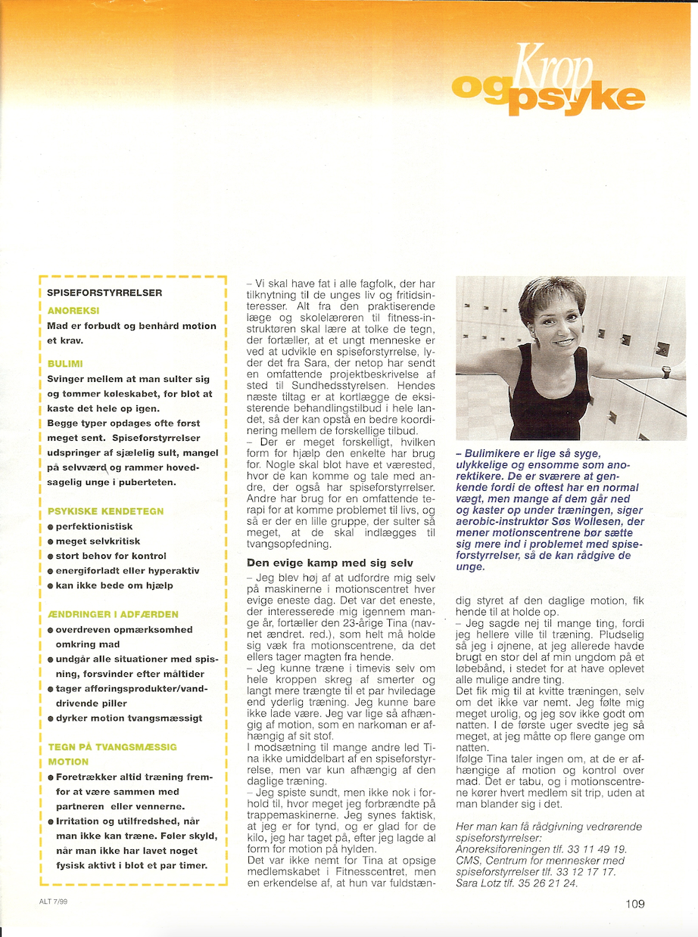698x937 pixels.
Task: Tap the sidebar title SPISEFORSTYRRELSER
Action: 104,292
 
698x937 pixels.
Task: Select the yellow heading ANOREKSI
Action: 73,311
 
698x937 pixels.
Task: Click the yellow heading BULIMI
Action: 65,364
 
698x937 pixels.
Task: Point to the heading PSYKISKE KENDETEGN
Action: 105,511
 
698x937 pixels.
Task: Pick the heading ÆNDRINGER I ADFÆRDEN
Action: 113,614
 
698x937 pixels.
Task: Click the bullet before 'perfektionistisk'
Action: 50,526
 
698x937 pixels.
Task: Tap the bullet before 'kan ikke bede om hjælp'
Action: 50,586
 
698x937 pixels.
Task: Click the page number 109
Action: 635,902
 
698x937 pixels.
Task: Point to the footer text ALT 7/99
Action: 55,901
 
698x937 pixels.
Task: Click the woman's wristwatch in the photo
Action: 665,371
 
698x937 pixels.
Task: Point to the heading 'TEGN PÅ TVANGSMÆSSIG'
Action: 112,746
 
